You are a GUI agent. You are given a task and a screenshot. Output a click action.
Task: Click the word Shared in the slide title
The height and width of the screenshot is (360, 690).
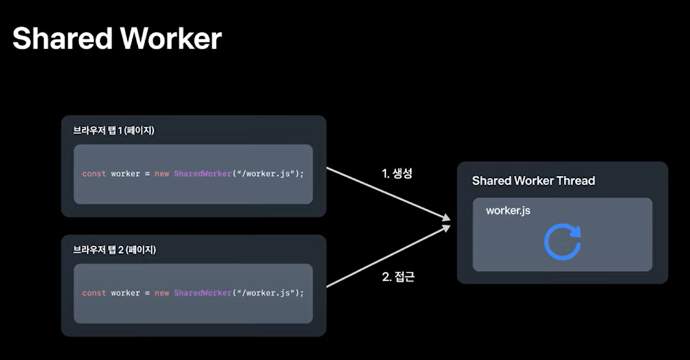point(63,38)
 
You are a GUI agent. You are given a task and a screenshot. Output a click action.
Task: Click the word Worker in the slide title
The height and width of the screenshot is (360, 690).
point(171,38)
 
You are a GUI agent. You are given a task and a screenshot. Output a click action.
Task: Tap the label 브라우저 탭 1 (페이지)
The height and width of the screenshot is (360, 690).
point(114,130)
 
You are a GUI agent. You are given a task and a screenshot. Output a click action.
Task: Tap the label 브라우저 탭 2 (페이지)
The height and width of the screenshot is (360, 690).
point(114,250)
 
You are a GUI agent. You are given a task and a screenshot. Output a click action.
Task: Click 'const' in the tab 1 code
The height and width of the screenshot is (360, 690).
point(94,174)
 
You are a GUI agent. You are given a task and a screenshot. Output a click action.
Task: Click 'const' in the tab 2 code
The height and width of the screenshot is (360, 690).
point(94,293)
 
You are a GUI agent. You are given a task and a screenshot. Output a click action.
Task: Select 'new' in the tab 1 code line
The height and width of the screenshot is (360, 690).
point(162,174)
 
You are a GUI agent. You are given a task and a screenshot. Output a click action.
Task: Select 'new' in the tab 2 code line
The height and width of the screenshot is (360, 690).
point(162,293)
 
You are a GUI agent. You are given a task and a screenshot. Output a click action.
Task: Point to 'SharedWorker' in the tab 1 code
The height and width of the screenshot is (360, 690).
point(203,174)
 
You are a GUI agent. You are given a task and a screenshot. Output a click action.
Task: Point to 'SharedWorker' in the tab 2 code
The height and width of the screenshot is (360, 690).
point(203,293)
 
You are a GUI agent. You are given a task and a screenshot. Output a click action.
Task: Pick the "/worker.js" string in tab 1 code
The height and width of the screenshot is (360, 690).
point(266,174)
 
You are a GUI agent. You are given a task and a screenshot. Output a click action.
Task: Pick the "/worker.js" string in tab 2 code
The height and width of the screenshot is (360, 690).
point(266,293)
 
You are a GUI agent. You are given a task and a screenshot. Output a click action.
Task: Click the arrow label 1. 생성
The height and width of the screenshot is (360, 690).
point(397,174)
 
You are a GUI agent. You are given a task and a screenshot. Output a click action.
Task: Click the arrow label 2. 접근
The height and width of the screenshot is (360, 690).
point(399,277)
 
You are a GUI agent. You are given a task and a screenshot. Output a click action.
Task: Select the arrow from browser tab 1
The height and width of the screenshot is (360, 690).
point(388,194)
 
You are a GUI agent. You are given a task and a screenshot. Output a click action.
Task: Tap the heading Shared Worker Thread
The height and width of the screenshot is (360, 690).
point(533,181)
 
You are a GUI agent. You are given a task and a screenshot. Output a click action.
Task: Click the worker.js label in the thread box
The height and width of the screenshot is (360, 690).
point(508,211)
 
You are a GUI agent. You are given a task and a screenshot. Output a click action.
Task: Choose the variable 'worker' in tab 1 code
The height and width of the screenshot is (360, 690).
point(125,174)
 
